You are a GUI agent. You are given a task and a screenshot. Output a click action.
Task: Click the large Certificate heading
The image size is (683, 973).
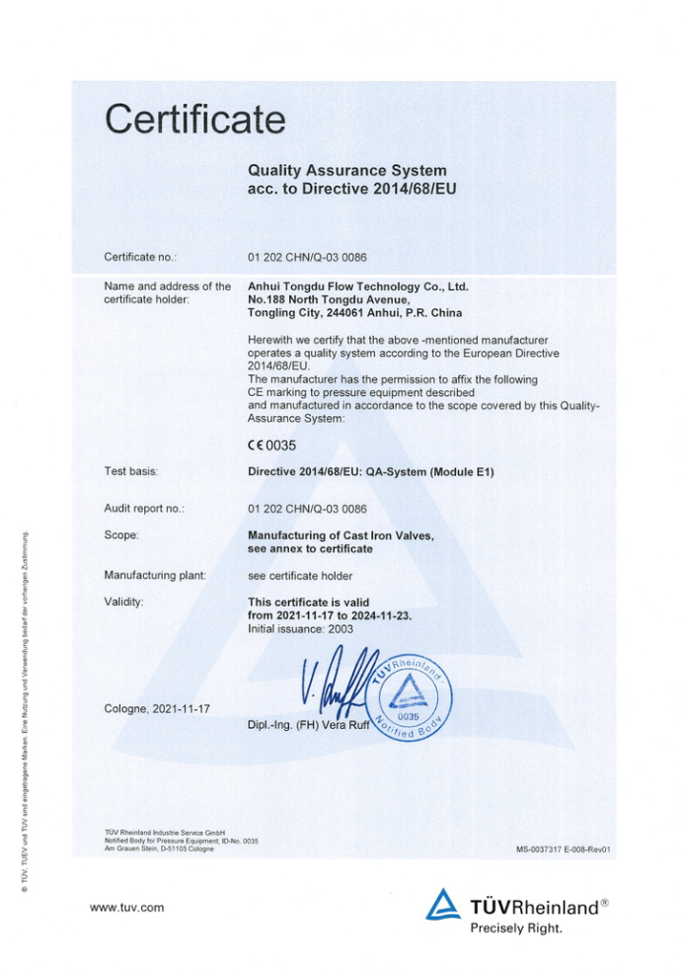click(195, 121)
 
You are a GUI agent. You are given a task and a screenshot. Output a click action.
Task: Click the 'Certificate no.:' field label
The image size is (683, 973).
click(140, 257)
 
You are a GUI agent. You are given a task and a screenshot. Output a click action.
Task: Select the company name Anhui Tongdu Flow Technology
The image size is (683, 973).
click(357, 286)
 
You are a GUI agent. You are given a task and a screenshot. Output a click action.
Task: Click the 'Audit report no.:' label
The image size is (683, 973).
click(145, 509)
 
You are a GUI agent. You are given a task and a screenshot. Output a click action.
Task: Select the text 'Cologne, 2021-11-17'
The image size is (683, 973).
click(158, 708)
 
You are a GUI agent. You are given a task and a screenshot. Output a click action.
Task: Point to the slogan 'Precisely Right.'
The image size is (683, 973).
click(516, 928)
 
